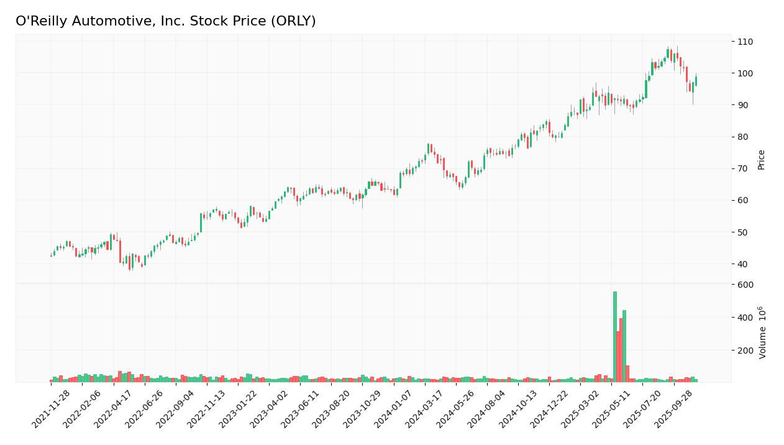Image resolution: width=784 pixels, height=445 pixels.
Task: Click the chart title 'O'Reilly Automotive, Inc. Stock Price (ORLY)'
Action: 165,22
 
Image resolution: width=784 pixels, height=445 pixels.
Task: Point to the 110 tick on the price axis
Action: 745,42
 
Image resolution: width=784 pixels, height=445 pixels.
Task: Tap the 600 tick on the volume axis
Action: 745,285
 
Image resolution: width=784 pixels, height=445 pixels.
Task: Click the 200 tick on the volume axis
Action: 745,351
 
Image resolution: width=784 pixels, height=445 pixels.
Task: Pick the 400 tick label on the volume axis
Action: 745,318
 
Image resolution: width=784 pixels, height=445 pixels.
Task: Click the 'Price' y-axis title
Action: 761,160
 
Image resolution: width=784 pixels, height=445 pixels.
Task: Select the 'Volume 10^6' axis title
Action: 762,333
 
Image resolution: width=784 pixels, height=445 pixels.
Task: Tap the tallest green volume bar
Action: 615,336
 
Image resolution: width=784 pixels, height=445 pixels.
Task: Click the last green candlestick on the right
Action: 696,81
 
